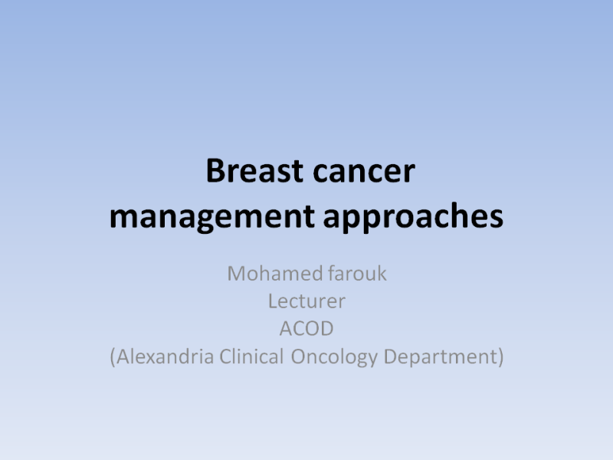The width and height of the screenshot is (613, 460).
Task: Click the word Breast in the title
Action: coord(254,170)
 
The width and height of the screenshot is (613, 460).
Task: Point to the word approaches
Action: coord(413,217)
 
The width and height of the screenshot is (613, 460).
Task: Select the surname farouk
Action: coord(357,273)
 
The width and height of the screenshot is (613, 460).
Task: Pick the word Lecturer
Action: coord(307,301)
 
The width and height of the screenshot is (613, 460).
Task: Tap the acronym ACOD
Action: coord(306,328)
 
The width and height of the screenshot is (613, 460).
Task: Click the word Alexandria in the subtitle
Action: coord(165,356)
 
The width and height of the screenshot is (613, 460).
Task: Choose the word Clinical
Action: coord(251,356)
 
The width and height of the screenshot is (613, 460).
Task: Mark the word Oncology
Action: coord(334,357)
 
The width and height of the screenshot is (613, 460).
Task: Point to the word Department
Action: coord(441,357)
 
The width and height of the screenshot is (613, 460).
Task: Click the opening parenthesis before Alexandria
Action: coord(113,357)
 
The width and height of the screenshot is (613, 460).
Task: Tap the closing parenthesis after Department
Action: coord(501,357)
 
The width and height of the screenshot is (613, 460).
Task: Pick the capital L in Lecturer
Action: coord(273,301)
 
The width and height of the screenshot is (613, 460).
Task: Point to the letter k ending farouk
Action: coord(382,273)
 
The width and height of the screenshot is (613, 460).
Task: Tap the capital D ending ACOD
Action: coord(326,329)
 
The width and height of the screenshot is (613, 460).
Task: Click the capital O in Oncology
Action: coord(298,356)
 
